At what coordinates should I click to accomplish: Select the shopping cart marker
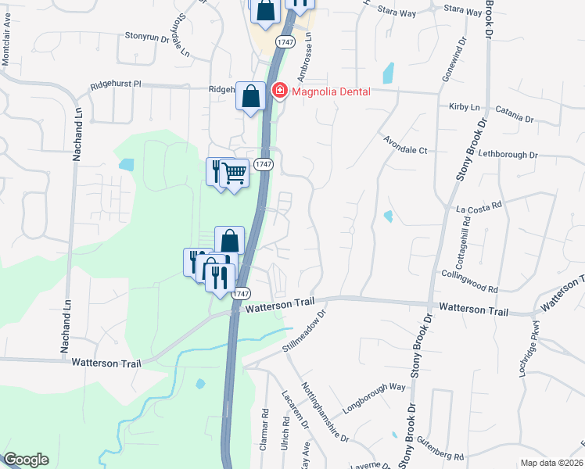click(x=233, y=172)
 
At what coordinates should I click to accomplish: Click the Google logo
click(x=25, y=460)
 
